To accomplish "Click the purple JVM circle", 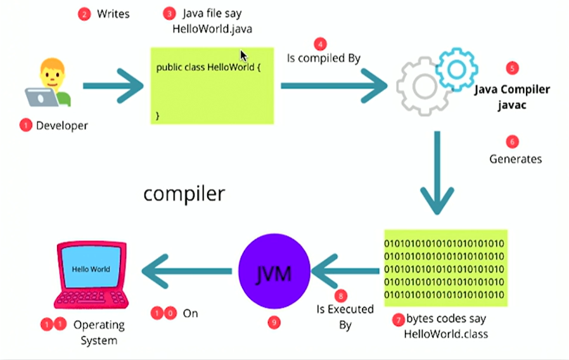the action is pyautogui.click(x=274, y=271).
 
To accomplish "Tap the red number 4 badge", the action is pyautogui.click(x=320, y=44).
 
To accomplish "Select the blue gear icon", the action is pyautogui.click(x=456, y=69).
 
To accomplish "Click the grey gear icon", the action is pyautogui.click(x=423, y=86).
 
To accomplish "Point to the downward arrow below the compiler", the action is pyautogui.click(x=437, y=173).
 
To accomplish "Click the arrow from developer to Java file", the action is pyautogui.click(x=113, y=86).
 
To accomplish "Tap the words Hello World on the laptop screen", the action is pyautogui.click(x=91, y=269).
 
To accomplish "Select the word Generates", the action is pyautogui.click(x=515, y=159).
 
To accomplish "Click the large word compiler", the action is pyautogui.click(x=184, y=194).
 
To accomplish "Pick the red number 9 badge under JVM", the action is pyautogui.click(x=274, y=322).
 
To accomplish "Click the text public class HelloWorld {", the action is pyautogui.click(x=208, y=67).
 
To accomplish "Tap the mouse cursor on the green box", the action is pyautogui.click(x=243, y=56).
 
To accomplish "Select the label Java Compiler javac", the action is pyautogui.click(x=512, y=97).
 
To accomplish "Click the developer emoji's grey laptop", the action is pyautogui.click(x=41, y=97).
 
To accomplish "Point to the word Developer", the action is pyautogui.click(x=61, y=125).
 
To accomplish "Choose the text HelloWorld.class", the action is pyautogui.click(x=446, y=334).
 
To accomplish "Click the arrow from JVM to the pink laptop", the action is pyautogui.click(x=187, y=271).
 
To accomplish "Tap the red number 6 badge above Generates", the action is pyautogui.click(x=512, y=142).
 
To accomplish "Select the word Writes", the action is pyautogui.click(x=113, y=14).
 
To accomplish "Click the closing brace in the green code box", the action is pyautogui.click(x=158, y=115).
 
